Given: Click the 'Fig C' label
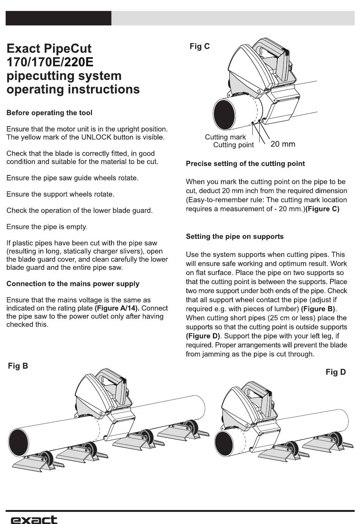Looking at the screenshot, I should (x=199, y=47).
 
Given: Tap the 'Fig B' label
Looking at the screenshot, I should (x=18, y=366).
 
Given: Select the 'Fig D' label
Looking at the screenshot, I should (x=335, y=372).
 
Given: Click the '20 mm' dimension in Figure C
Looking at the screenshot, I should (x=283, y=144).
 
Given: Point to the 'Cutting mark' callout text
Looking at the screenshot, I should (x=225, y=137).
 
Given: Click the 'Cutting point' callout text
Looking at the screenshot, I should (x=233, y=145).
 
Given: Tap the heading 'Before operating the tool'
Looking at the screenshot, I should (x=49, y=113).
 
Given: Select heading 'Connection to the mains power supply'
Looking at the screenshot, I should (x=73, y=284).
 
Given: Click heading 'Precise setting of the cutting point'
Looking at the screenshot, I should (x=245, y=164).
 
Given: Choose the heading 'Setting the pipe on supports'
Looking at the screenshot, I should (x=235, y=236).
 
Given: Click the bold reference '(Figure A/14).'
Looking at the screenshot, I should (x=117, y=308).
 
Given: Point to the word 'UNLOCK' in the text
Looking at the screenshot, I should (x=97, y=137).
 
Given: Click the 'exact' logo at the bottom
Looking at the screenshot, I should (x=34, y=519).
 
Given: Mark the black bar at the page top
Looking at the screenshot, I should (x=58, y=18).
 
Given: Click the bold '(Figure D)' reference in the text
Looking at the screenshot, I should (x=203, y=336).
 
